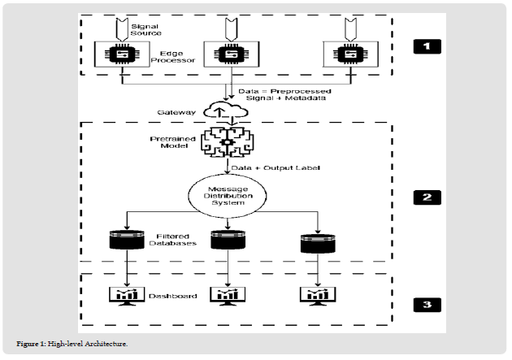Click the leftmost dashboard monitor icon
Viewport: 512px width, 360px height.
point(124,295)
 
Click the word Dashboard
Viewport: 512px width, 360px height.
point(173,297)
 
